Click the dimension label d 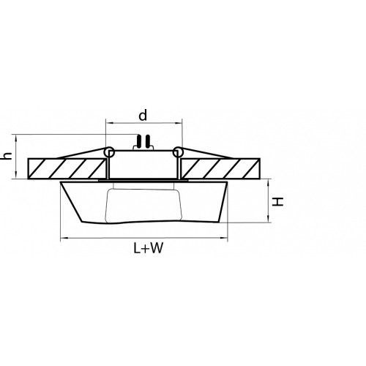pos(143,115)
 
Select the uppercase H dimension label pos(278,201)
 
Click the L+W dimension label pos(148,248)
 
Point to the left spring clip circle pos(109,152)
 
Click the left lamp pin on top pos(140,141)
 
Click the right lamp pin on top pos(148,141)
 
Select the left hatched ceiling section pos(67,168)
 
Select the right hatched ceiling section pos(220,168)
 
